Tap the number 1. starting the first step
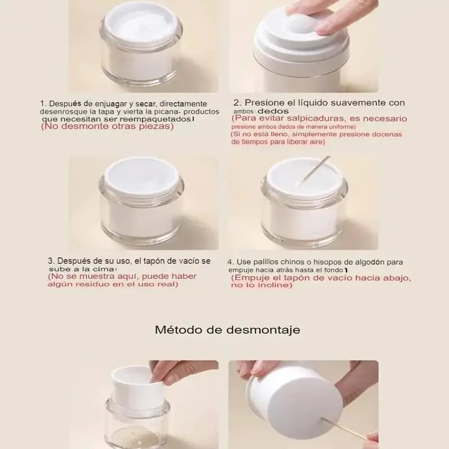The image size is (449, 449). [43, 104]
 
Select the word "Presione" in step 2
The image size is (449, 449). [260, 103]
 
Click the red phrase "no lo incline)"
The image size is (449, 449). [262, 286]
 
